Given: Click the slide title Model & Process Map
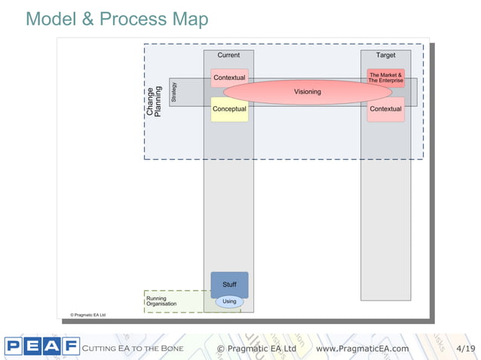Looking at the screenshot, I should (117, 19).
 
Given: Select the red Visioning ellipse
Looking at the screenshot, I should (307, 92).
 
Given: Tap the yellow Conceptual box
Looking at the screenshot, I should (229, 109).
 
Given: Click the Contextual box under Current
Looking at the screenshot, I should (229, 78).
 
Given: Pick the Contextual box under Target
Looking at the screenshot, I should (385, 109).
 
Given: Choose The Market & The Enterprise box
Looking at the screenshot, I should (385, 78).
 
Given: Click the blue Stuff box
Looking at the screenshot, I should (229, 284).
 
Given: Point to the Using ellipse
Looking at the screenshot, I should (229, 301).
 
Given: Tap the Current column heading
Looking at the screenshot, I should (228, 56).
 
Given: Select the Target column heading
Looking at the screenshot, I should (385, 56).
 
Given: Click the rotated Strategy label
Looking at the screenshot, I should (174, 92).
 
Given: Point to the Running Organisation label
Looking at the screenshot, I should (161, 301).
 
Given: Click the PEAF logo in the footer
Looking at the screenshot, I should (41, 347).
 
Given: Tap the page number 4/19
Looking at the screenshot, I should (466, 348).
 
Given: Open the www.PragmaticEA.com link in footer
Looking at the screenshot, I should (363, 348).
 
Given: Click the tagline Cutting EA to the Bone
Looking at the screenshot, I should (133, 348).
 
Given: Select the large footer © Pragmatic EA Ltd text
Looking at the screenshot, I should (256, 348).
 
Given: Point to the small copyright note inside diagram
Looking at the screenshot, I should (87, 315).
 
